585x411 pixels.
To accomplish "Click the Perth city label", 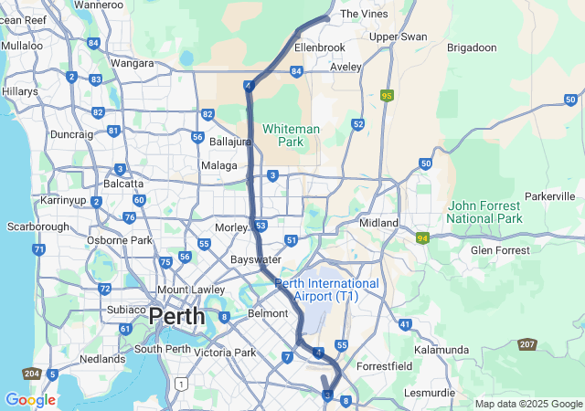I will [176, 317].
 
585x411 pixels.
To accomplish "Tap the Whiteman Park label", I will [291, 135].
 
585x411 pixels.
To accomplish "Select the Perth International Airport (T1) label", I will [327, 290].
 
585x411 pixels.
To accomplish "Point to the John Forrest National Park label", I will [484, 212].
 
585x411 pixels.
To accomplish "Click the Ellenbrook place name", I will [320, 47].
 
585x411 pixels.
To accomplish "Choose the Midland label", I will [379, 223].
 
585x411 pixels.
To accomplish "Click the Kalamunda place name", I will [441, 350].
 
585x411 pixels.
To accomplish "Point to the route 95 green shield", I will [388, 95].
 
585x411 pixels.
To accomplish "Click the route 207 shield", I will [526, 344].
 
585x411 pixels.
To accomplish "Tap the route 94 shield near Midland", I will [422, 238].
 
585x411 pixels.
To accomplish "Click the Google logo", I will [30, 400].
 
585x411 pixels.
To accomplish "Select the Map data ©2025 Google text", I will [527, 404].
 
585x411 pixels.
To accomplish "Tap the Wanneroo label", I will [99, 5].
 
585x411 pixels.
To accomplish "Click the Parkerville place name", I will [550, 196].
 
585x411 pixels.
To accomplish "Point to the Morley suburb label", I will [231, 227].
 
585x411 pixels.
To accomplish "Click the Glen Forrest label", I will [499, 250].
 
